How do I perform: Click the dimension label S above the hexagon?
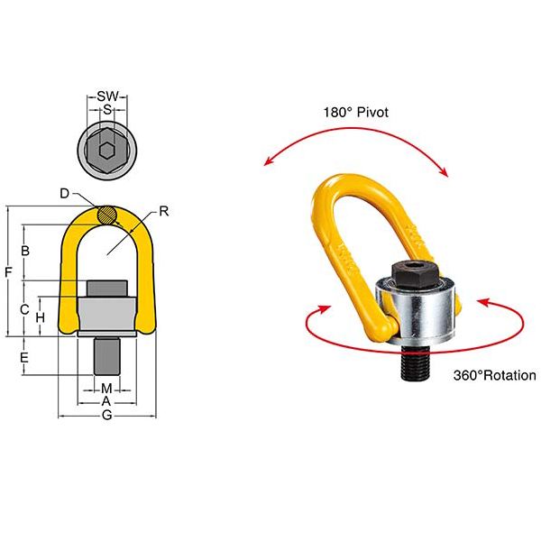click(107, 110)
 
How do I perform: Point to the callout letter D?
click(65, 194)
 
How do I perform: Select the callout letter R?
click(164, 213)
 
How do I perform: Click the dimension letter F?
click(7, 270)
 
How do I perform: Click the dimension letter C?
click(26, 309)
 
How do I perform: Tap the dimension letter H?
click(40, 318)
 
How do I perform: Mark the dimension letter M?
click(106, 389)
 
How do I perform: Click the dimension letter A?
click(106, 400)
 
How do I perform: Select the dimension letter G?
click(106, 416)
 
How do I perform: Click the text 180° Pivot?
click(355, 114)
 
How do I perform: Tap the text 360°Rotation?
click(494, 375)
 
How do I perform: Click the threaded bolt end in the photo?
click(416, 362)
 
